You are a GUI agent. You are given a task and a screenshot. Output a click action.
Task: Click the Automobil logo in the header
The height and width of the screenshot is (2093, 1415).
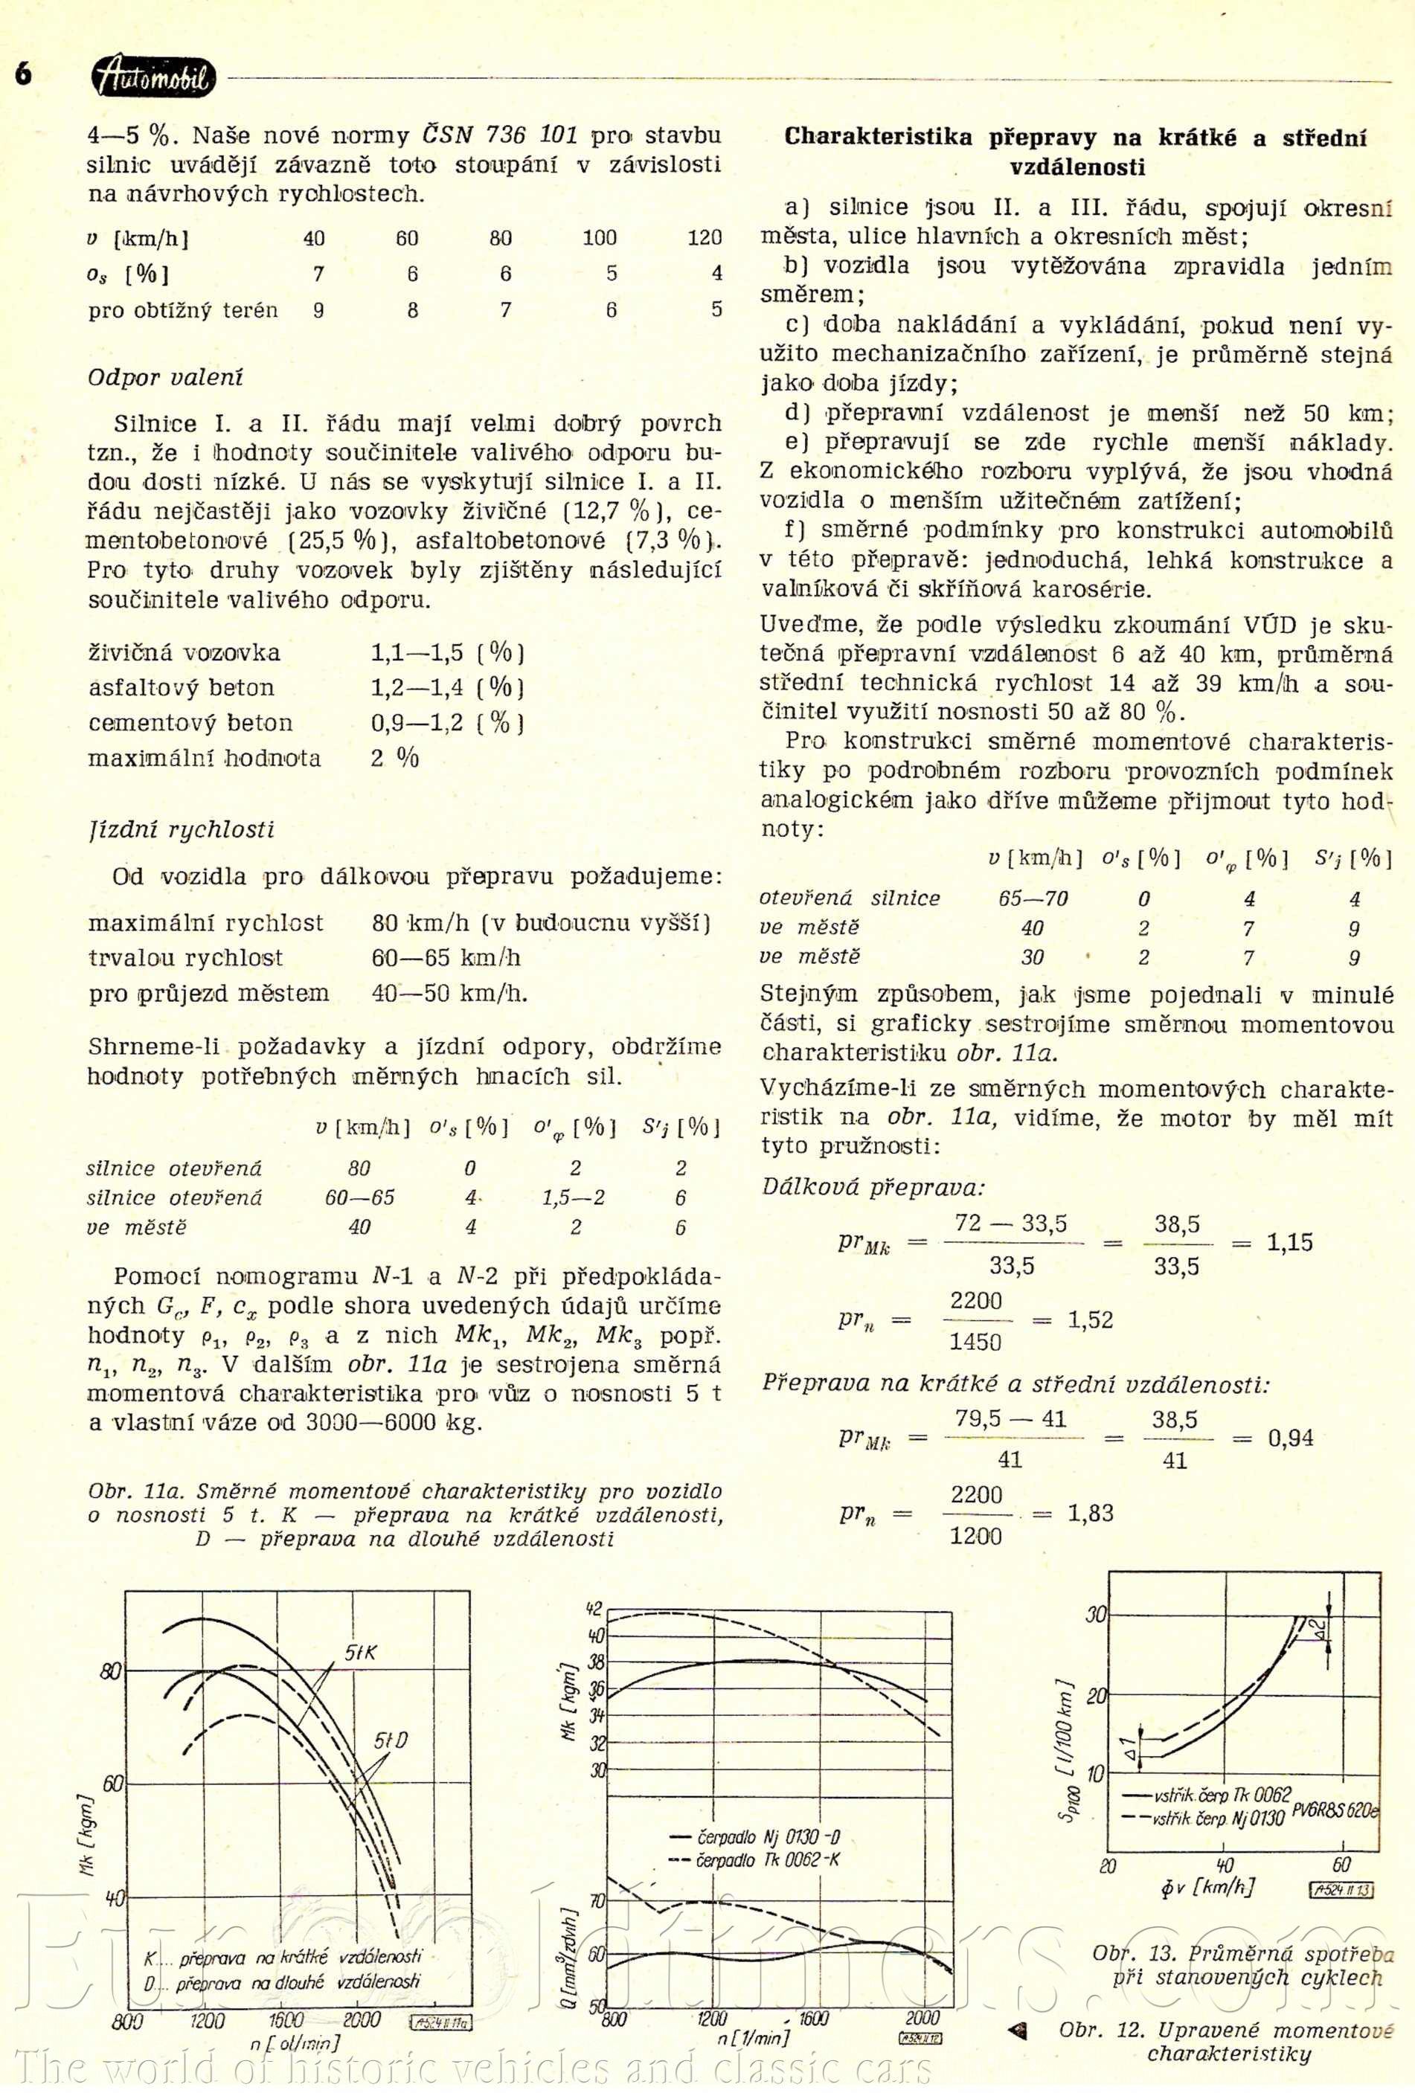click(x=153, y=77)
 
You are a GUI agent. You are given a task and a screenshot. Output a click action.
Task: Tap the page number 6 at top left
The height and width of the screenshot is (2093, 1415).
click(x=22, y=74)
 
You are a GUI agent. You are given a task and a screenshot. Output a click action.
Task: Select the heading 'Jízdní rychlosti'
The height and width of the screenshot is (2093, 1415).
click(x=181, y=829)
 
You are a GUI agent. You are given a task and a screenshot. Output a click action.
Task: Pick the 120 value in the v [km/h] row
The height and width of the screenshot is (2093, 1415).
click(x=704, y=238)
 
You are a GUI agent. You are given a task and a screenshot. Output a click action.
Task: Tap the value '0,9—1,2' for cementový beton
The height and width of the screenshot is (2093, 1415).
click(x=417, y=722)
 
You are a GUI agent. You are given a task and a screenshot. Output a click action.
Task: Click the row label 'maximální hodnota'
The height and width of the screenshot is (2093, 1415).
click(x=205, y=759)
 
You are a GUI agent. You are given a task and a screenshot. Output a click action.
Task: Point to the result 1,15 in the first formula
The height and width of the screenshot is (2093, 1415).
click(x=1289, y=1243)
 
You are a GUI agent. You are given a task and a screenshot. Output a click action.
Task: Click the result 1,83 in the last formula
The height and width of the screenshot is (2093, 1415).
click(x=1090, y=1512)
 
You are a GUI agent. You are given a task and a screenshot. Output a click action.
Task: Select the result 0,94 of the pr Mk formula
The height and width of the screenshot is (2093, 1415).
click(x=1290, y=1438)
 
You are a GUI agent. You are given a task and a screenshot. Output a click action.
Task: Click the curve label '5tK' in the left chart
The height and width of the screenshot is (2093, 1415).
click(x=360, y=1652)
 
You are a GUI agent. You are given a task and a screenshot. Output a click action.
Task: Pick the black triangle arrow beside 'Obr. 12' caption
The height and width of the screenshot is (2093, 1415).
click(x=1018, y=2030)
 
